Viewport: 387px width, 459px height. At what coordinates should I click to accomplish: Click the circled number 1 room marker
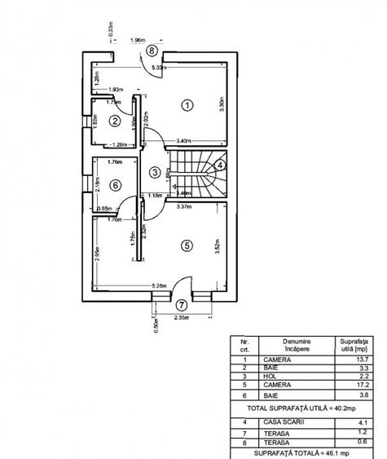(187, 104)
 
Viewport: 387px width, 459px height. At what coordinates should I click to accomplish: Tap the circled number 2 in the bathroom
(116, 121)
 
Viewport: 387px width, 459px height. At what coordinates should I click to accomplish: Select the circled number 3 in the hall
(155, 172)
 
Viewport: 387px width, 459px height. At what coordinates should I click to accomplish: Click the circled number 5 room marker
(186, 244)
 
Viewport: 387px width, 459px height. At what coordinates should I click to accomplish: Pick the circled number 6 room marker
(115, 185)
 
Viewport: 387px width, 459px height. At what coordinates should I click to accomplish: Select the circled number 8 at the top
(152, 50)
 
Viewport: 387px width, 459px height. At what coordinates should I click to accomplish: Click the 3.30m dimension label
(222, 105)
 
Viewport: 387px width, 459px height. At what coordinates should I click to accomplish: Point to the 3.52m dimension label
(218, 245)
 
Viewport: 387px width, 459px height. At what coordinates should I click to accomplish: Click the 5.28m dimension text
(160, 285)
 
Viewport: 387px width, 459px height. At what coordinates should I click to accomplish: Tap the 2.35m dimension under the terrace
(181, 317)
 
